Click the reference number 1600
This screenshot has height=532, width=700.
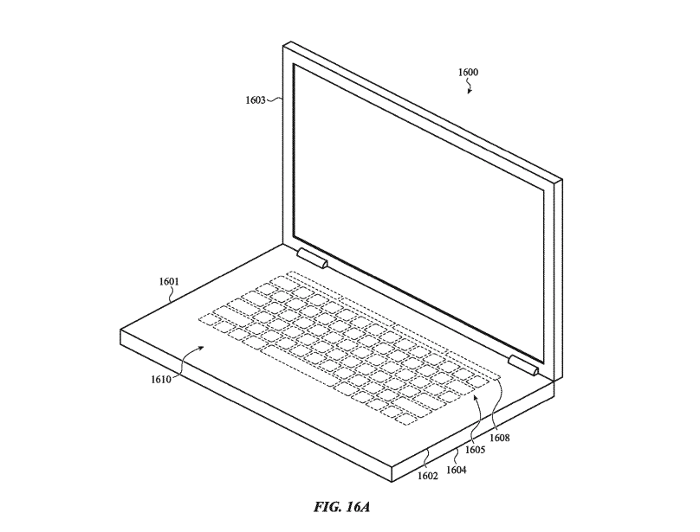pyautogui.click(x=468, y=73)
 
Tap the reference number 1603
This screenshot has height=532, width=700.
pyautogui.click(x=255, y=99)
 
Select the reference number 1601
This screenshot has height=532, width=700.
pyautogui.click(x=169, y=281)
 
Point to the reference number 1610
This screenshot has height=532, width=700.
pyautogui.click(x=161, y=380)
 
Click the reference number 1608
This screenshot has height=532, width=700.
pyautogui.click(x=499, y=438)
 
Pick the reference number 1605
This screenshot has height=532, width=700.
pyautogui.click(x=475, y=450)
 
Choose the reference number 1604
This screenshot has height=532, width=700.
pyautogui.click(x=456, y=470)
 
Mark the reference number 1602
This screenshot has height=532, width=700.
pyautogui.click(x=428, y=476)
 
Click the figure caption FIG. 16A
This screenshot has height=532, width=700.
pyautogui.click(x=342, y=507)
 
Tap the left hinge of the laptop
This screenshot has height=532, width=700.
pyautogui.click(x=313, y=259)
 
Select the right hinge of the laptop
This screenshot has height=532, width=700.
pyautogui.click(x=523, y=365)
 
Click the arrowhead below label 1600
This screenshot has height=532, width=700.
pyautogui.click(x=470, y=92)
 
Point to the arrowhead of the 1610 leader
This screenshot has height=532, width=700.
pyautogui.click(x=203, y=348)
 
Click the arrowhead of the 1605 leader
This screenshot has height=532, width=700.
pyautogui.click(x=476, y=396)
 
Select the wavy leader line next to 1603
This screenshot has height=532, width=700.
pyautogui.click(x=274, y=99)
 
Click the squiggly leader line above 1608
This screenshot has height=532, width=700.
pyautogui.click(x=496, y=405)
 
